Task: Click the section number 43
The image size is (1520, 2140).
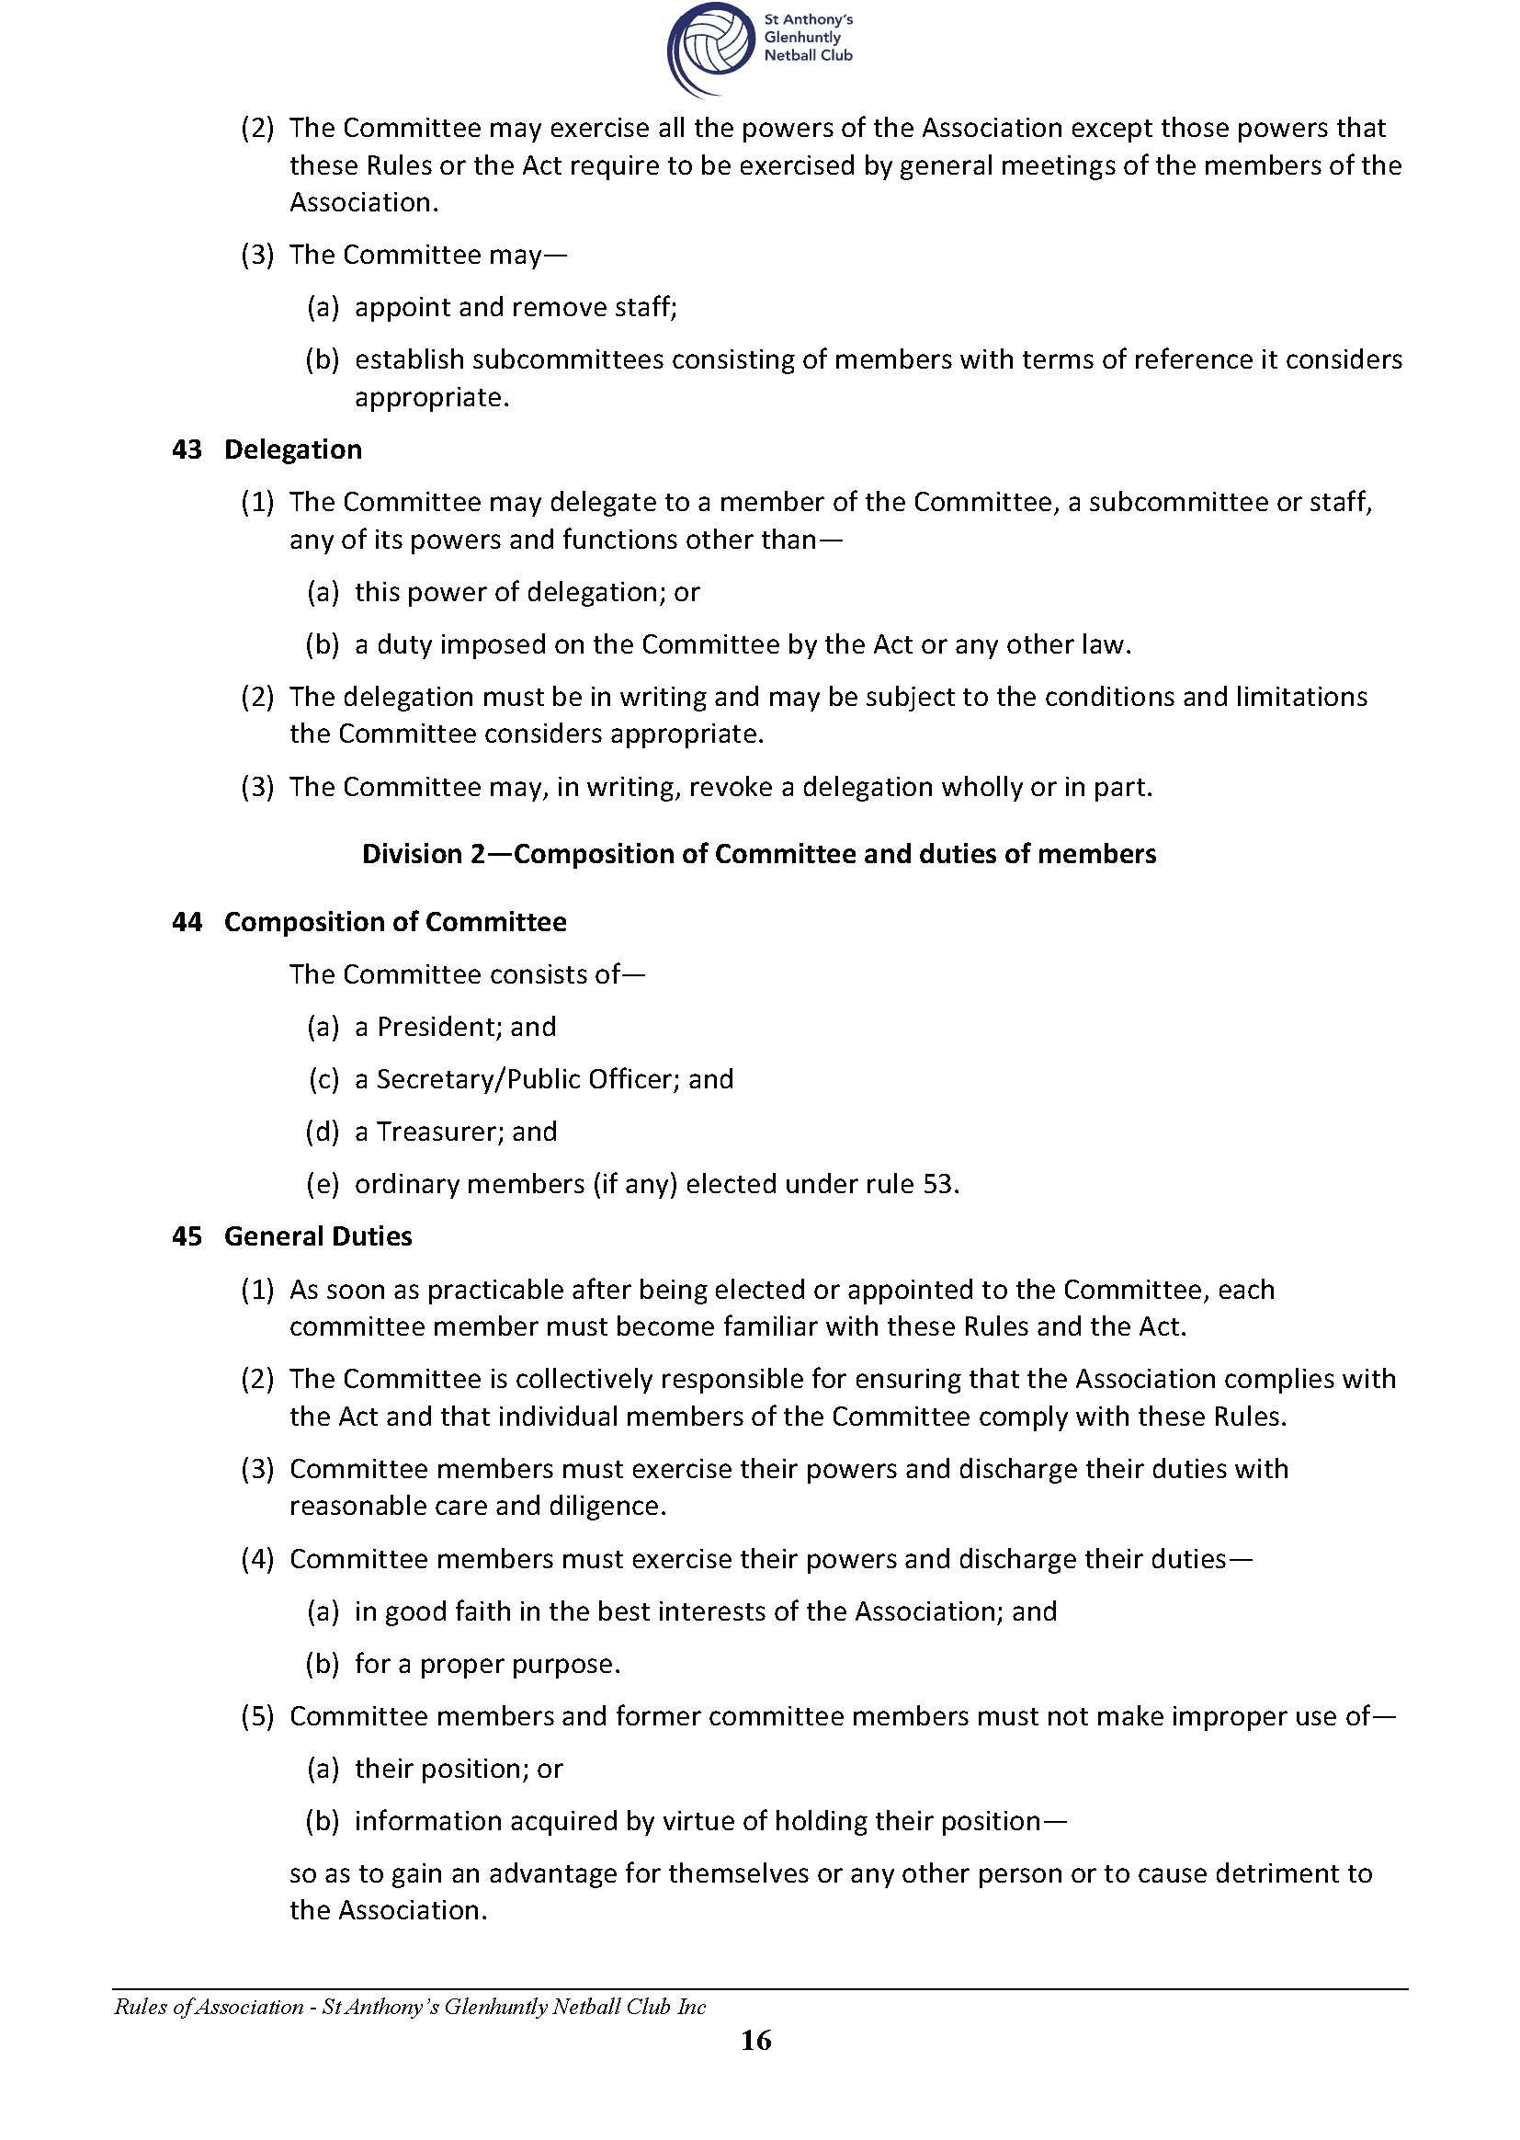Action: click(x=187, y=450)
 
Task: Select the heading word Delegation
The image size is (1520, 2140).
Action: click(x=293, y=450)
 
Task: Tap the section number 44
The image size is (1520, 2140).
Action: click(x=187, y=922)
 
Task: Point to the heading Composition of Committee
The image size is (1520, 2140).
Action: click(x=395, y=922)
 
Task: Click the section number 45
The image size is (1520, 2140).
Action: click(x=187, y=1236)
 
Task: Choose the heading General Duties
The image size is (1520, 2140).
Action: click(x=318, y=1236)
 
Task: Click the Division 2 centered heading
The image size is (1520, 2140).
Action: click(x=759, y=854)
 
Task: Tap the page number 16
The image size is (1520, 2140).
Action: click(x=756, y=2040)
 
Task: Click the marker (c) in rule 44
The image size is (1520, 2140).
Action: click(x=323, y=1079)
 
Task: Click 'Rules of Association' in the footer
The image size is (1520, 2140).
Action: click(x=209, y=2006)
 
